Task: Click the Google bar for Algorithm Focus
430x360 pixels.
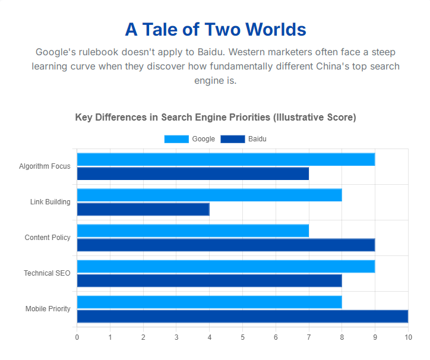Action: tap(226, 159)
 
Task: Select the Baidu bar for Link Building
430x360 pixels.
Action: tap(143, 209)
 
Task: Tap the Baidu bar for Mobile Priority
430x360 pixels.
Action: tap(243, 317)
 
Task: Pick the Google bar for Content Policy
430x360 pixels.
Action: tap(193, 230)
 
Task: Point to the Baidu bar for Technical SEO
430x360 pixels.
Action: tap(210, 281)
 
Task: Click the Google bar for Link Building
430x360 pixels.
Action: tap(210, 195)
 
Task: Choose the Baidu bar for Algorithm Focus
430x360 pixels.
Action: tap(193, 173)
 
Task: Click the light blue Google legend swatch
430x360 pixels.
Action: tap(176, 139)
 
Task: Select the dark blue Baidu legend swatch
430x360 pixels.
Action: tap(233, 139)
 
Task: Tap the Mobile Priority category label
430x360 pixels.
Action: tap(48, 309)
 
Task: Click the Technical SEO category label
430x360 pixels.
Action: tap(47, 273)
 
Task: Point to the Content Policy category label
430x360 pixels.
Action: tap(48, 238)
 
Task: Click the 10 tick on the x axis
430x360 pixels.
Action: tap(409, 337)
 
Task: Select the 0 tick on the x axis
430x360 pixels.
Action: tap(77, 337)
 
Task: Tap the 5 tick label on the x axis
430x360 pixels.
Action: tap(243, 337)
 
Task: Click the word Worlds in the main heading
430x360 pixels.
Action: tap(276, 29)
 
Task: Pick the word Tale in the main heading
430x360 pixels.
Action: tap(160, 29)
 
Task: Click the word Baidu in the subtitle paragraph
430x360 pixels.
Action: tap(211, 52)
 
